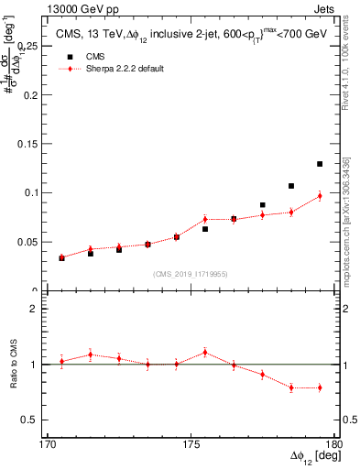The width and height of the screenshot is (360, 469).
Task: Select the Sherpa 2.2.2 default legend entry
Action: click(115, 69)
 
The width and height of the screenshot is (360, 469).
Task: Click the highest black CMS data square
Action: click(320, 164)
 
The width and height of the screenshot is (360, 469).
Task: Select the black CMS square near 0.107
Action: click(291, 186)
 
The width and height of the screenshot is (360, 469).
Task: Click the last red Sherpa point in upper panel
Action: click(320, 195)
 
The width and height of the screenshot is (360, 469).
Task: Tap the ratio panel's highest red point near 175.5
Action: click(205, 352)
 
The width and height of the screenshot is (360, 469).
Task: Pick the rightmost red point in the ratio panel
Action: click(320, 387)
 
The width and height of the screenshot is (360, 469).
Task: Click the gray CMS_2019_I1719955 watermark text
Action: click(190, 273)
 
